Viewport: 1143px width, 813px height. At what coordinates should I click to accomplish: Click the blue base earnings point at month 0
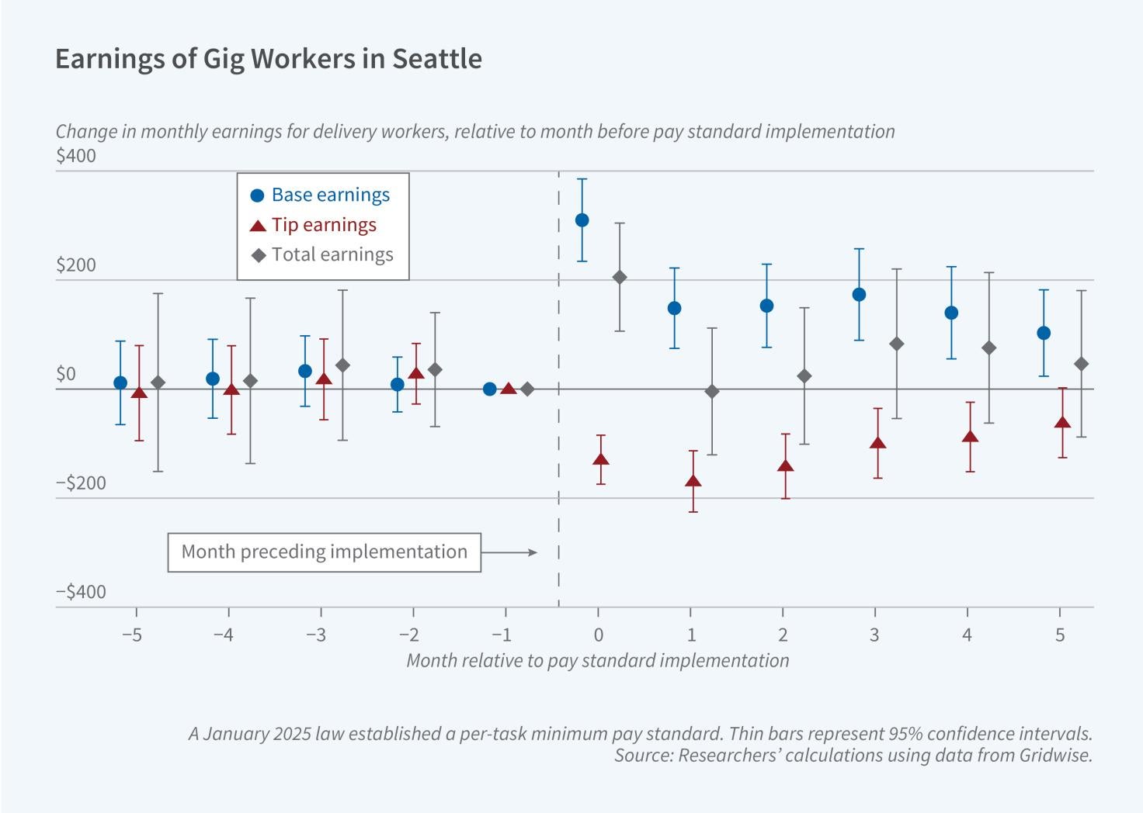582,220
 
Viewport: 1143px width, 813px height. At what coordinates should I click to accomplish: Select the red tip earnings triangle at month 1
693,481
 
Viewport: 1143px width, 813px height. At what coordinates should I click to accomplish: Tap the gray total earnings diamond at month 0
620,277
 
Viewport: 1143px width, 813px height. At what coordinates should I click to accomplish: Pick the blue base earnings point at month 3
859,295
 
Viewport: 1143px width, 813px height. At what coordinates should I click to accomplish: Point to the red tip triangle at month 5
1062,423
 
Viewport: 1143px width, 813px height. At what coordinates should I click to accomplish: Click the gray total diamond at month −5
158,382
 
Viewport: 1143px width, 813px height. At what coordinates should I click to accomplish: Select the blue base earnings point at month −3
305,371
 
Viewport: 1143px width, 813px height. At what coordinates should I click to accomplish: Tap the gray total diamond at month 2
804,376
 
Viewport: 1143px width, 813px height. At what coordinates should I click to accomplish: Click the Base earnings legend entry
321,195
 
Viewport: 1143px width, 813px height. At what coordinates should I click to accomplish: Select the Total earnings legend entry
323,254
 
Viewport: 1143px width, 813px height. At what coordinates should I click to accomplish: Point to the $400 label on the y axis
76,156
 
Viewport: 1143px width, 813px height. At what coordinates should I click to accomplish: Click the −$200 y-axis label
81,483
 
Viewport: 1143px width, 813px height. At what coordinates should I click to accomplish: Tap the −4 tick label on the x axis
224,635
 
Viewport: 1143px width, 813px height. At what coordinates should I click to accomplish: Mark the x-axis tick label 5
1060,635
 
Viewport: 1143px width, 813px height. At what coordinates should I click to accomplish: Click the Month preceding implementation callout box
324,552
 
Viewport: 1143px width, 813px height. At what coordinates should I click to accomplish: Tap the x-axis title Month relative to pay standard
597,660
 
